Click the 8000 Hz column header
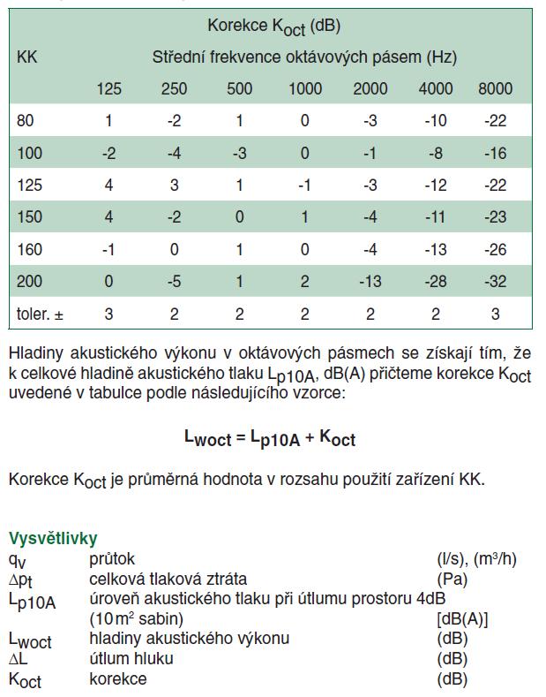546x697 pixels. click(495, 88)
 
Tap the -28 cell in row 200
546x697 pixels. click(435, 282)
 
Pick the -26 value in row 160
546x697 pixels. click(495, 250)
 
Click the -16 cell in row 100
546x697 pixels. click(495, 154)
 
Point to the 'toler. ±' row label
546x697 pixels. click(41, 314)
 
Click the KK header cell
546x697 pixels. click(27, 57)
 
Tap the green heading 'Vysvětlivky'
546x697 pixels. click(53, 538)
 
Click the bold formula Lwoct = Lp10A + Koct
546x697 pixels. click(270, 437)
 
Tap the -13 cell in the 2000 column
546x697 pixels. click(370, 282)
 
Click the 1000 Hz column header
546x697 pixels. click(304, 88)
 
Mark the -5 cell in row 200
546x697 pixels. click(174, 282)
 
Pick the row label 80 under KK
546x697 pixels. click(26, 121)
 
